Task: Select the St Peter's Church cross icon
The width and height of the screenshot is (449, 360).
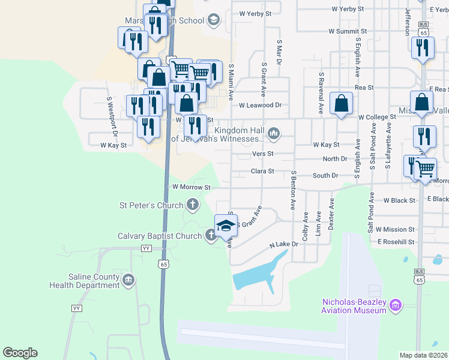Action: coord(193,206)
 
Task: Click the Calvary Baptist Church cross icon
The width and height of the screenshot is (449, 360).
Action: coord(211,236)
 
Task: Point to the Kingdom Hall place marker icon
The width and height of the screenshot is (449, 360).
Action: coord(274,133)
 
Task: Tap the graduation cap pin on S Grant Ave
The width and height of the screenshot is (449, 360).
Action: coord(226,226)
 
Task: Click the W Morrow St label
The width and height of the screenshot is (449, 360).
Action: coord(191,187)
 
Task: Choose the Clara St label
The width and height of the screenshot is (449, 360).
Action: coord(262,171)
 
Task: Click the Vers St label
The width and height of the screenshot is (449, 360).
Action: coord(262,154)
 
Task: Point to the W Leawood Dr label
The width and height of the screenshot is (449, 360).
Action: coord(260,105)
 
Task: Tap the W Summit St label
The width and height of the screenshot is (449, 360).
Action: coord(347,31)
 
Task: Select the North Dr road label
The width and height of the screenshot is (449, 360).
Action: coord(334,159)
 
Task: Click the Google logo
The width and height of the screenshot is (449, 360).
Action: coord(20,353)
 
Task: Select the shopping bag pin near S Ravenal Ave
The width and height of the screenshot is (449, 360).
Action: coord(341,104)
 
